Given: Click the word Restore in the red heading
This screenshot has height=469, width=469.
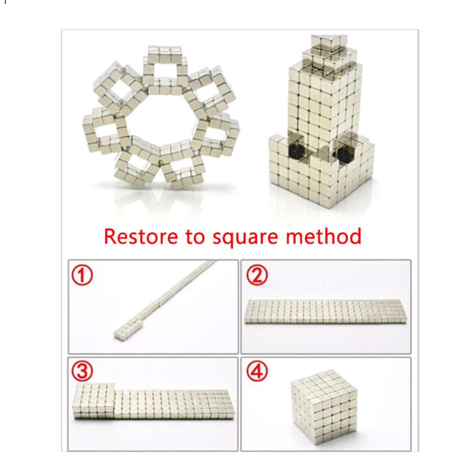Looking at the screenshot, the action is (141, 236).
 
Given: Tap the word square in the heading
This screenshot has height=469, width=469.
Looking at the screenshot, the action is (245, 238).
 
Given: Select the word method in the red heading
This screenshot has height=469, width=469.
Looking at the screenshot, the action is (323, 236).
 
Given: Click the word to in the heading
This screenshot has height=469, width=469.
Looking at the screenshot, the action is (195, 237).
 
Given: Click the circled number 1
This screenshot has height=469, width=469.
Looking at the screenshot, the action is (82, 275).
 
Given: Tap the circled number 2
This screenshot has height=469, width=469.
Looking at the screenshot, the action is (257, 275).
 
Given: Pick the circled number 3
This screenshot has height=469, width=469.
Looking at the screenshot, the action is (82, 371).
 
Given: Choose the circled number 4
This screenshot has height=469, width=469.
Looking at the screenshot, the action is (257, 371).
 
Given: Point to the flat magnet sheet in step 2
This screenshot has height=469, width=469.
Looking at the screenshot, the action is (326, 311).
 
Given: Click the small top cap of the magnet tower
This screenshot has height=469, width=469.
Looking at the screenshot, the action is (329, 41).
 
